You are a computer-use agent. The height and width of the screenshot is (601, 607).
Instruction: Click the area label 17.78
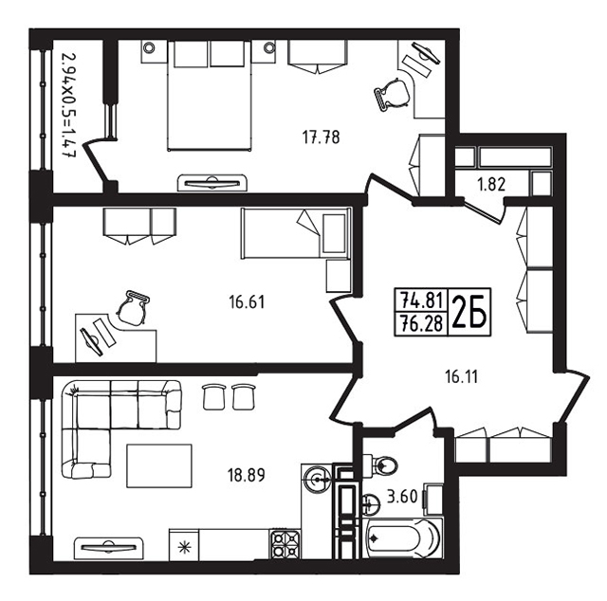point(321,137)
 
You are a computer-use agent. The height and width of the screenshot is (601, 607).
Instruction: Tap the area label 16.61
point(247,301)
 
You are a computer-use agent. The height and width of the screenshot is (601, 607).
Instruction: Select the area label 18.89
point(247,475)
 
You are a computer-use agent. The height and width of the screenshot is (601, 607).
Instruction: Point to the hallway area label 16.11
point(462,376)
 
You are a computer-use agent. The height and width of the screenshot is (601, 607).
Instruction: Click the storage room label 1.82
point(491,185)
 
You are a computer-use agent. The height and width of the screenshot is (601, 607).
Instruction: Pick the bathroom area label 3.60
point(402,497)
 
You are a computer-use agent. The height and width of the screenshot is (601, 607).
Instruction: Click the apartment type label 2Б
point(469,312)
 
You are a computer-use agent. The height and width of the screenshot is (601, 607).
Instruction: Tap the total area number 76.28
point(421,322)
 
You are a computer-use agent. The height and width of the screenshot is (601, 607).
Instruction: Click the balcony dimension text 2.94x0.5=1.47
point(69,105)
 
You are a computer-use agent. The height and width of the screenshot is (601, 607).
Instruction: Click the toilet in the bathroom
point(381,464)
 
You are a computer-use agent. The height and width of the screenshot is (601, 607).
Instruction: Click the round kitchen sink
point(318,480)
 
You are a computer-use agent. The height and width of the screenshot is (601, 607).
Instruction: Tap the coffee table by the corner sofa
point(159,465)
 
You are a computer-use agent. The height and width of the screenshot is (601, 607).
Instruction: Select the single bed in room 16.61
point(296,233)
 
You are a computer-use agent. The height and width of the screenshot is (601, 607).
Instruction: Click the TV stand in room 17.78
point(212,183)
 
